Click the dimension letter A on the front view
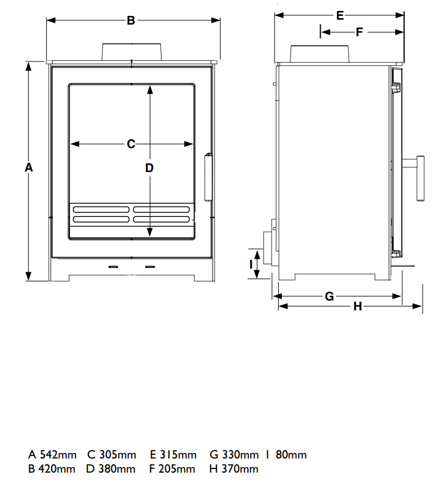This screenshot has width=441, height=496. [28, 167]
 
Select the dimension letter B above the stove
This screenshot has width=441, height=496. [131, 20]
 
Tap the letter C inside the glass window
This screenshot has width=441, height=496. [131, 144]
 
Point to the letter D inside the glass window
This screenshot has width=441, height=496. [149, 167]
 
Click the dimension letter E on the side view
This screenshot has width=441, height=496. [340, 15]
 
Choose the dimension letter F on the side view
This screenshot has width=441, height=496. [359, 31]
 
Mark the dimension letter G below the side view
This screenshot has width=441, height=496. [329, 296]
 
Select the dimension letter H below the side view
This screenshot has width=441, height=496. [357, 306]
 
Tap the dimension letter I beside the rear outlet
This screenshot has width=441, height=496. [251, 264]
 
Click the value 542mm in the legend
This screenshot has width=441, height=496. [58, 455]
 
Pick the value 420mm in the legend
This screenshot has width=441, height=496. [58, 470]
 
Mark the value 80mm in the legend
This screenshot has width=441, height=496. [292, 455]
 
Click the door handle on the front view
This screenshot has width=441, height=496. [208, 178]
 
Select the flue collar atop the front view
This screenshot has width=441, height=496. [132, 52]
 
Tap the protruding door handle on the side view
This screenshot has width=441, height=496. [420, 178]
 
